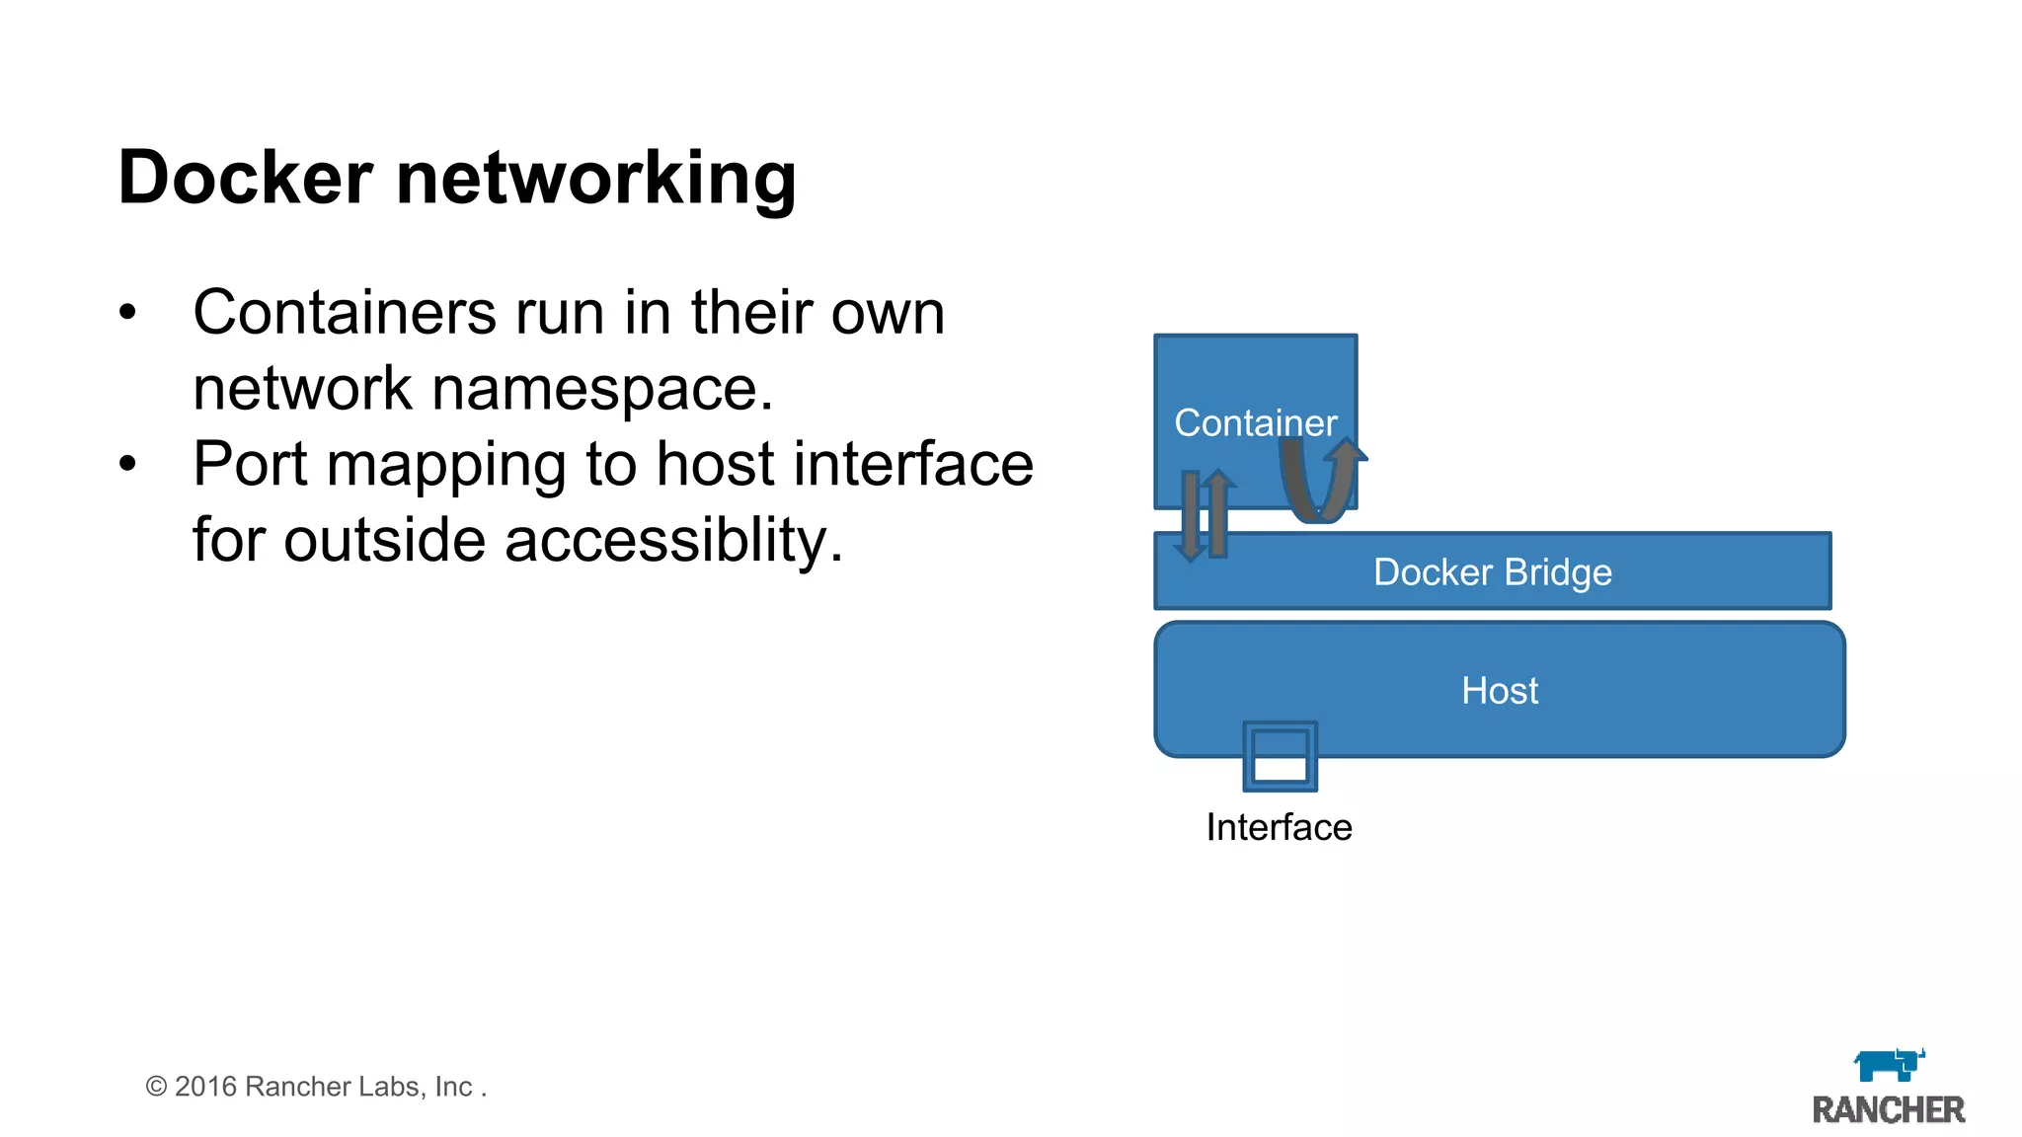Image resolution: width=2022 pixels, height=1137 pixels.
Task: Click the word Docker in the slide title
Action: tap(245, 178)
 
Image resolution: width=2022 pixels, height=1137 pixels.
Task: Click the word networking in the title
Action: tap(595, 180)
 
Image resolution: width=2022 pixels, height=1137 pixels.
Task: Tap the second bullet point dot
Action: tap(127, 465)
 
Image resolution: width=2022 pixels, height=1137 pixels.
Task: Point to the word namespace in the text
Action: tap(602, 389)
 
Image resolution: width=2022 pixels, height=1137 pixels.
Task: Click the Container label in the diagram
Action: tap(1255, 422)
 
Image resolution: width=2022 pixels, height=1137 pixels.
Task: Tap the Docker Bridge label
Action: tap(1492, 572)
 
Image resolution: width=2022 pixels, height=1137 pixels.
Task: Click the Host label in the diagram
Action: tap(1499, 691)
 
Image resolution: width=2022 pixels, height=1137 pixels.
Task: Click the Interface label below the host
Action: tap(1279, 827)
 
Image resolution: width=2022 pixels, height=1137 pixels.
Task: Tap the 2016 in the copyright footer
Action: tap(205, 1087)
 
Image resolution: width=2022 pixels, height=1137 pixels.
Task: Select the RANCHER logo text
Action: tap(1888, 1110)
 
